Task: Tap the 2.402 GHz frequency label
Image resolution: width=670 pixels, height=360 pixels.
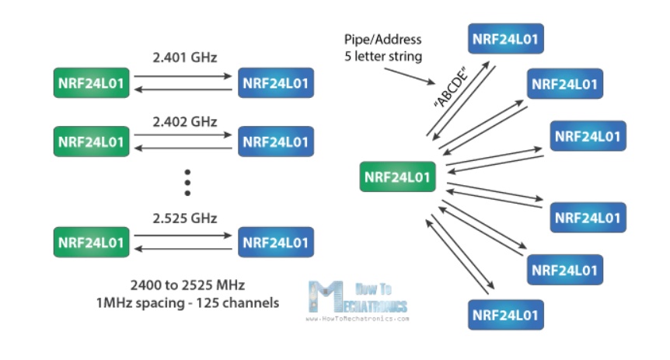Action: pos(183,122)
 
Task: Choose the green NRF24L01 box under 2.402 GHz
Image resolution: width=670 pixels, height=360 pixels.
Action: pos(91,143)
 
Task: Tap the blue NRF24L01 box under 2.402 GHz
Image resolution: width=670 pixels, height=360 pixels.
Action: pos(276,143)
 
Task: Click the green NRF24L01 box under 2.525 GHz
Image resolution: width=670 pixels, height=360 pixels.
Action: pos(91,242)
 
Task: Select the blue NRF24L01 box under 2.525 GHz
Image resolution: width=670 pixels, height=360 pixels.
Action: pos(276,242)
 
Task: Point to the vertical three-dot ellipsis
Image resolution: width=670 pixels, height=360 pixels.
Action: pos(187,181)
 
